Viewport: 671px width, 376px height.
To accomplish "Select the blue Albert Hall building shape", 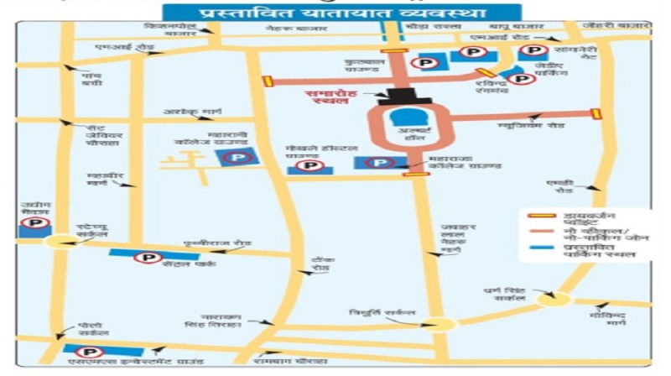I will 410,117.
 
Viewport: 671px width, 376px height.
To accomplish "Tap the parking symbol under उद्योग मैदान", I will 38,223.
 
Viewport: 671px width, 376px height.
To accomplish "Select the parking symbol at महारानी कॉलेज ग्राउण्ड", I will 240,156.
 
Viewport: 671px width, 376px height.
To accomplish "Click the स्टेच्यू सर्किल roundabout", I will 61,242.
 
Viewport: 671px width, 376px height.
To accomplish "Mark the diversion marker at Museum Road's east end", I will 596,113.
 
